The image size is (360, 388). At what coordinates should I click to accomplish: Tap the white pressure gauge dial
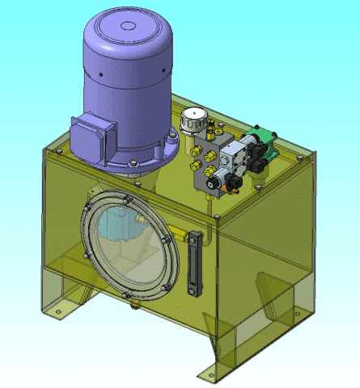tap(191, 117)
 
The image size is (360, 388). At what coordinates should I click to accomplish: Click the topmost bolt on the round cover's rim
tap(125, 194)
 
